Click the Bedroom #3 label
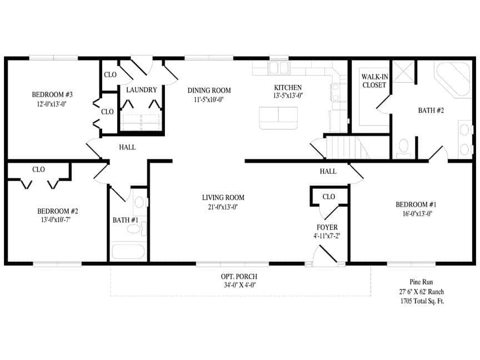pyautogui.click(x=53, y=94)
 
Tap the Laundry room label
pyautogui.click(x=141, y=90)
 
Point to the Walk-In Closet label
pyautogui.click(x=374, y=81)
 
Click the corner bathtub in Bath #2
pyautogui.click(x=451, y=78)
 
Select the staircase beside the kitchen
pyautogui.click(x=344, y=147)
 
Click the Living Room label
pyautogui.click(x=223, y=198)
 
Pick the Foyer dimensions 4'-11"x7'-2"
pyautogui.click(x=327, y=236)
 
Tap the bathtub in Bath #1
pyautogui.click(x=129, y=251)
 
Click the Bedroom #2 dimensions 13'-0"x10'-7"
pyautogui.click(x=58, y=219)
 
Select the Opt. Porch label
pyautogui.click(x=239, y=277)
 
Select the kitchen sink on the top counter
pyautogui.click(x=278, y=69)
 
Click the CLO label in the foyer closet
pyautogui.click(x=328, y=197)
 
